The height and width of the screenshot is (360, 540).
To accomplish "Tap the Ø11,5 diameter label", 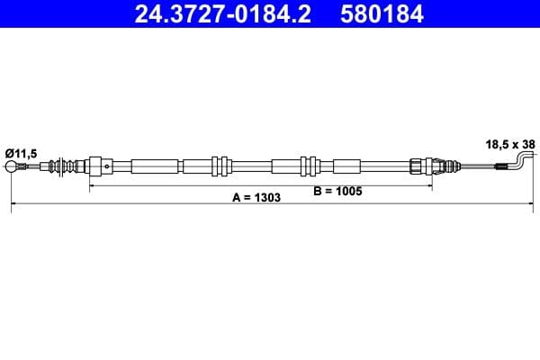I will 22,154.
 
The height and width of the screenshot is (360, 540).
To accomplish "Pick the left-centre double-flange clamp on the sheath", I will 217,166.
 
